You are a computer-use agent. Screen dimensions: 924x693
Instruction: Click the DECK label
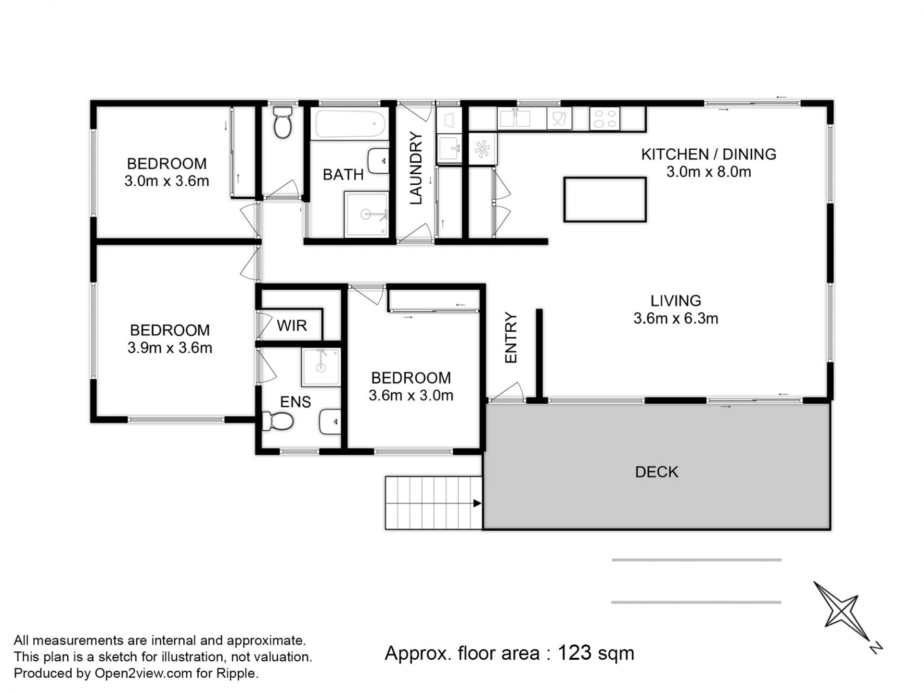click(656, 472)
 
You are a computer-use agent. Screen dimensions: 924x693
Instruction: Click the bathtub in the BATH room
click(351, 124)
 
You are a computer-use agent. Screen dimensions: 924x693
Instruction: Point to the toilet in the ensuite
click(278, 422)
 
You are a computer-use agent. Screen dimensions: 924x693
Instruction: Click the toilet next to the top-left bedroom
click(282, 122)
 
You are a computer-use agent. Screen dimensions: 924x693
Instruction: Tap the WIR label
click(292, 326)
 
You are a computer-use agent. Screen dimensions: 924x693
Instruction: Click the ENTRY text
click(510, 337)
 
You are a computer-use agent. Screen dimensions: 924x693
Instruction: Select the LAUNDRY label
click(415, 168)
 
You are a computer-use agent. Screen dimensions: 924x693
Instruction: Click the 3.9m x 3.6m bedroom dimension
click(169, 347)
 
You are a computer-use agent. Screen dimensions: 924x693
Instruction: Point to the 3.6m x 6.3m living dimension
click(676, 318)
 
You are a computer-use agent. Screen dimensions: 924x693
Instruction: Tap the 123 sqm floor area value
click(596, 653)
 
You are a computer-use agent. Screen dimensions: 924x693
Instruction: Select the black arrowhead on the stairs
click(477, 503)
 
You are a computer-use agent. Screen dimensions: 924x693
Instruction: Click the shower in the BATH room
click(366, 214)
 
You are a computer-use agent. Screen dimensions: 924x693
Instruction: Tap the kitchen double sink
click(514, 118)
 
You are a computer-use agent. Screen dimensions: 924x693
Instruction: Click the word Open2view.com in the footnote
click(143, 673)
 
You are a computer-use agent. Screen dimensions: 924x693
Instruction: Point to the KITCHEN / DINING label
click(708, 154)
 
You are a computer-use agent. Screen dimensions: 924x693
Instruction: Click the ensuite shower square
click(321, 367)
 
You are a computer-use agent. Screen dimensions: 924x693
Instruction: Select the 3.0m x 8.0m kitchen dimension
click(708, 171)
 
